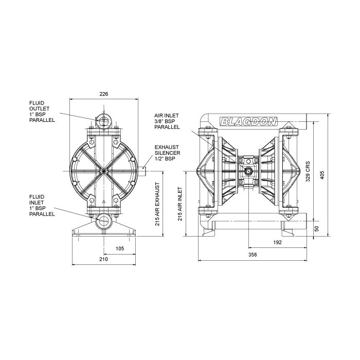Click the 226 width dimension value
point(103,94)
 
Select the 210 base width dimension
point(103,260)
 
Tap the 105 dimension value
point(119,248)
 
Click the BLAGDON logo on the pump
point(248,121)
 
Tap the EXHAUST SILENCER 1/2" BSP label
point(167,153)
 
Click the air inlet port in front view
point(249,170)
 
